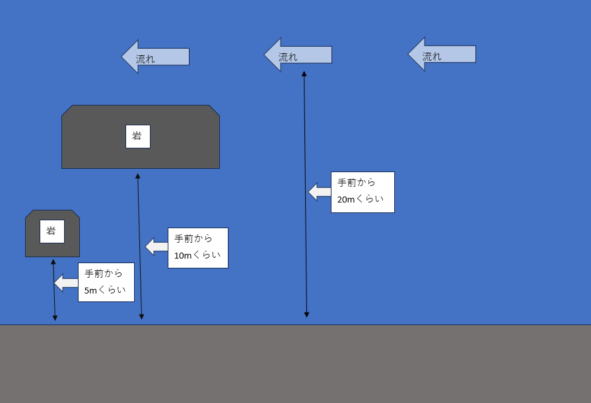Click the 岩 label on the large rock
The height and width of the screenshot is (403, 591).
[137, 137]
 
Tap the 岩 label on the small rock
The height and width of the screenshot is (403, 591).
[52, 232]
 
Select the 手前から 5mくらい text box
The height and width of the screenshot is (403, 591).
[106, 282]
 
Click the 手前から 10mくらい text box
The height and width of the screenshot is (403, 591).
[197, 248]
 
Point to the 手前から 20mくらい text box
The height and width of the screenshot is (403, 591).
[363, 192]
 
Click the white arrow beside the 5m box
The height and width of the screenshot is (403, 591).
[66, 283]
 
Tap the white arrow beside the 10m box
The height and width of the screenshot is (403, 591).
[156, 247]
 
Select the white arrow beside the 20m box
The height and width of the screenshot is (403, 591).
[320, 192]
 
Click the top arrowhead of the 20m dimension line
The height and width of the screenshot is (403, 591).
[304, 74]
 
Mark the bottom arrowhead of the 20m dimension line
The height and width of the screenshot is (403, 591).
[306, 315]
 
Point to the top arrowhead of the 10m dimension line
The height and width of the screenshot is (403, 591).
[137, 176]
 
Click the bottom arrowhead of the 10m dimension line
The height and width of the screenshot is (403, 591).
[141, 317]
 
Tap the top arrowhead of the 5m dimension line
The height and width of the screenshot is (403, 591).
[53, 262]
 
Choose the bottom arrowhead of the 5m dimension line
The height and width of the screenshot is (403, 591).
[55, 318]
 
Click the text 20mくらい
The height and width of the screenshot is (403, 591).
[360, 199]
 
